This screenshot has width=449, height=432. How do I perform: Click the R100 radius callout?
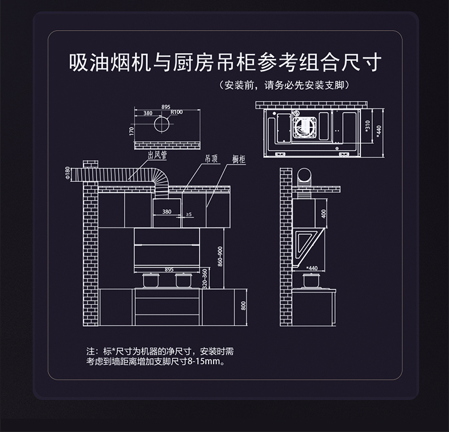[176, 113]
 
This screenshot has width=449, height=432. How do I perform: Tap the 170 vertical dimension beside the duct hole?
[131, 131]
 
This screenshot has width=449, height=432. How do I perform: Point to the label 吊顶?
[211, 160]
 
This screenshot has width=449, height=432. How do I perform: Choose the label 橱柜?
[239, 160]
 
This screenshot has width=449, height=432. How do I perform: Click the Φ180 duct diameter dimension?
[67, 172]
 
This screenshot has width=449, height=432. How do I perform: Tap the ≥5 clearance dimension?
[189, 214]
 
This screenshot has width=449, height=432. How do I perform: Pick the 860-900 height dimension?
[220, 257]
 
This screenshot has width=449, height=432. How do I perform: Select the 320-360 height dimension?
[205, 278]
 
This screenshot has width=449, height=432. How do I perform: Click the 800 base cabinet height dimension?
[243, 306]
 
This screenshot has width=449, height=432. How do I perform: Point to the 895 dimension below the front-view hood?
[169, 269]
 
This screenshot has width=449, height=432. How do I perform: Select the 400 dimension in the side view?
[323, 214]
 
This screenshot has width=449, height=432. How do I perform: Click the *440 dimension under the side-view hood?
[312, 268]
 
